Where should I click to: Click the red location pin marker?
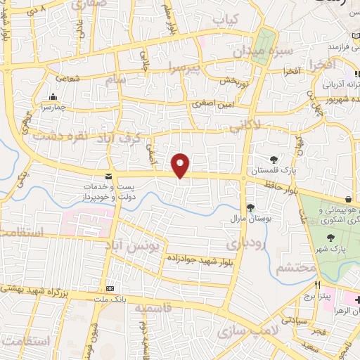point(181,165)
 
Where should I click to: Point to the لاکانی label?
point(244,124)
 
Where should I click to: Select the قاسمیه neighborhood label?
point(153,309)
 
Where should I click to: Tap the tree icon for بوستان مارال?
point(251,207)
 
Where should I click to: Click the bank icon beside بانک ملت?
point(110,289)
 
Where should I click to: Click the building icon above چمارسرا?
point(53,97)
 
